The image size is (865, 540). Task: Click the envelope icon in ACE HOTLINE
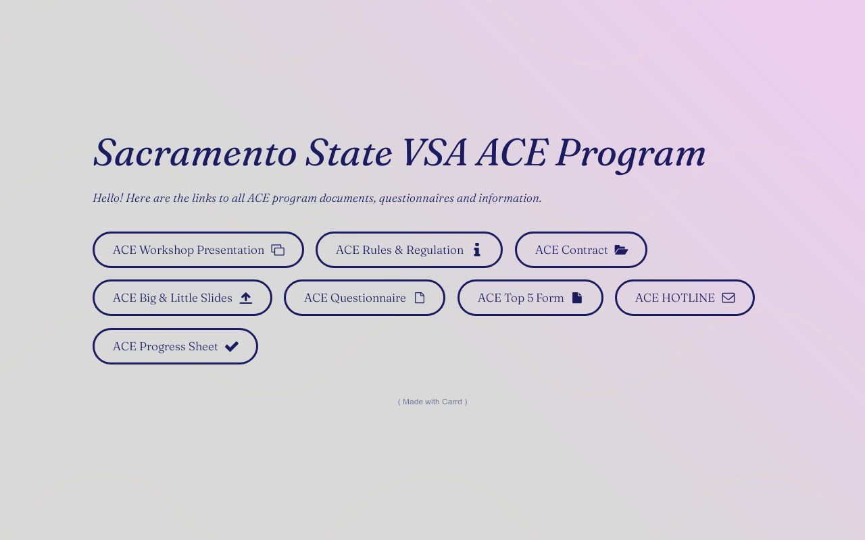[x=728, y=298]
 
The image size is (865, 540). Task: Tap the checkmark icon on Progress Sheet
[x=232, y=346]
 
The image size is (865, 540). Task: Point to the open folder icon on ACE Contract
[x=621, y=250]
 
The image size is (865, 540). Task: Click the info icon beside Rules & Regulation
[x=476, y=250]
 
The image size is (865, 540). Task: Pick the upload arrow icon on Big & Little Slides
[x=245, y=298]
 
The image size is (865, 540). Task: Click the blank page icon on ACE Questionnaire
[x=420, y=298]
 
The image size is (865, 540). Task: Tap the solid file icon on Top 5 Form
[x=577, y=298]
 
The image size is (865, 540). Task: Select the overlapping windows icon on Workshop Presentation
[x=278, y=250]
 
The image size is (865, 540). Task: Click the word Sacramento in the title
[x=195, y=153]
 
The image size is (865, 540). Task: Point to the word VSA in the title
[x=434, y=153]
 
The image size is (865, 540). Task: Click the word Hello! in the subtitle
[x=107, y=198]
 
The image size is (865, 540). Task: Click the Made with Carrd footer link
[x=432, y=402]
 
